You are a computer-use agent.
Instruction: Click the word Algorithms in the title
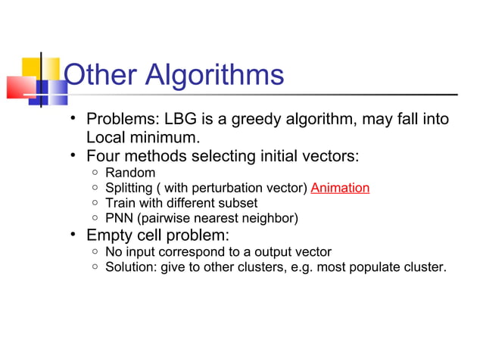(213, 75)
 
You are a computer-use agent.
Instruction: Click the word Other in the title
(100, 75)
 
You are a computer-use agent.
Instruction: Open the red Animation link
(340, 188)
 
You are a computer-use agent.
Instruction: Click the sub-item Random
(130, 173)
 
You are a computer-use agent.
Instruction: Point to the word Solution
(131, 267)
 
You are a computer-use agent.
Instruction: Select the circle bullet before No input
(93, 251)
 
